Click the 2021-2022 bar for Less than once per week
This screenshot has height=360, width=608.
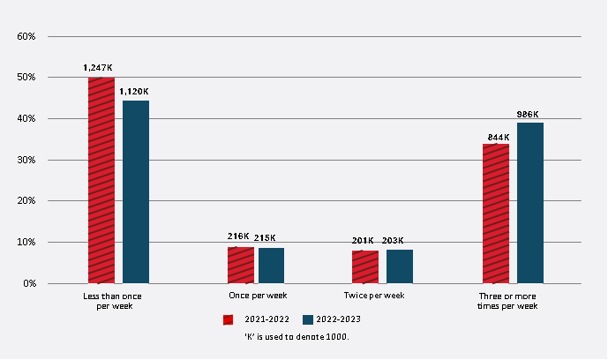click(101, 180)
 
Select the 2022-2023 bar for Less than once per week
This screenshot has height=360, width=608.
click(136, 191)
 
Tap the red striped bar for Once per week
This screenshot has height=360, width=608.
click(241, 265)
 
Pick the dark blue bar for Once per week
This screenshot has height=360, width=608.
click(271, 266)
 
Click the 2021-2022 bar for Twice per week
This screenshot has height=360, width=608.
click(365, 266)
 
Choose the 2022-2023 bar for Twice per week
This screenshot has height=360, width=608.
click(400, 266)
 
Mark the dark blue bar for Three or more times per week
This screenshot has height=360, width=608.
click(530, 203)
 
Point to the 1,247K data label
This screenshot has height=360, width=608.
click(99, 67)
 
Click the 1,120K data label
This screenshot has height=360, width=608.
click(134, 91)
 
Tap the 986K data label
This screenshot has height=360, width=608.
click(529, 114)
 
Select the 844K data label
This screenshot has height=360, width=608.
click(496, 136)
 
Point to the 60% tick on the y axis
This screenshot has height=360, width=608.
click(26, 36)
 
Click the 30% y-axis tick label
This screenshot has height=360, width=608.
click(26, 160)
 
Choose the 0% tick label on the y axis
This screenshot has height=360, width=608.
click(28, 283)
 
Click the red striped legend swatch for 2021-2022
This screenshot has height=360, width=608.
click(228, 319)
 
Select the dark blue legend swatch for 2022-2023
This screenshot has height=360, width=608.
click(308, 319)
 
